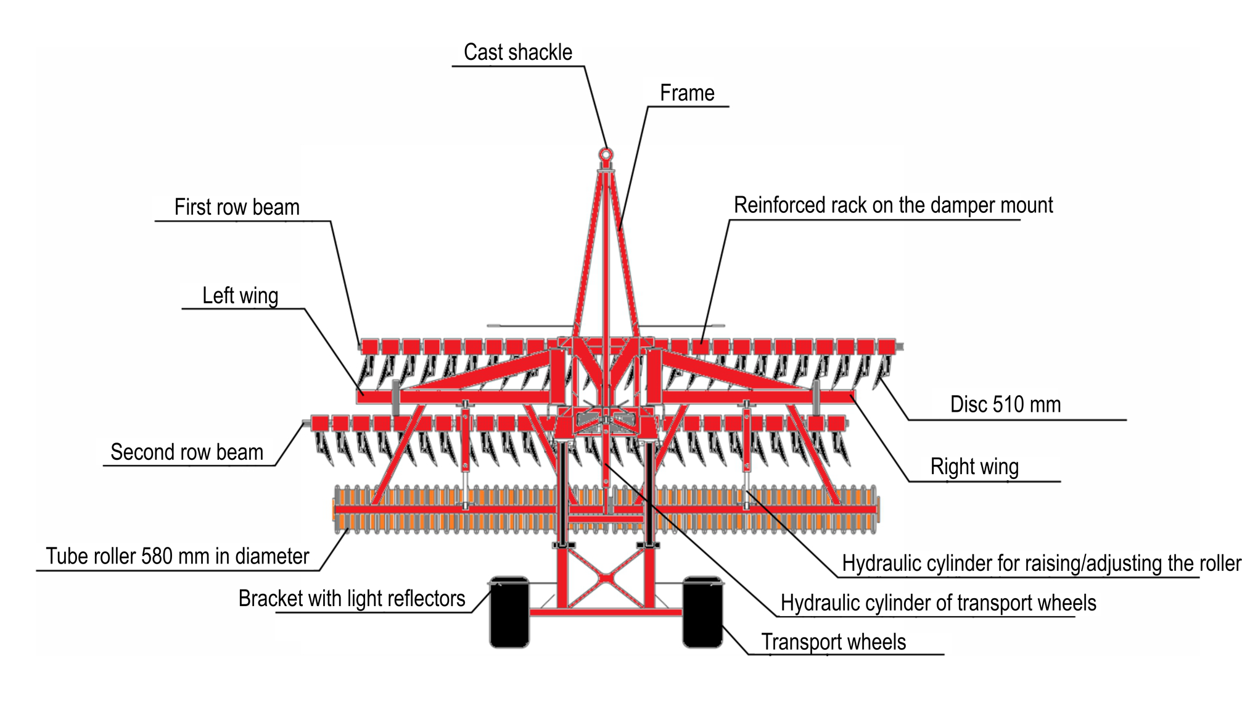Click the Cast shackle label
click(x=517, y=52)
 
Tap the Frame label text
click(x=687, y=93)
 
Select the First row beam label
click(x=237, y=207)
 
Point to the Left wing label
click(x=240, y=296)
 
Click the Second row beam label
click(x=186, y=452)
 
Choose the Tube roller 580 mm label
click(x=177, y=557)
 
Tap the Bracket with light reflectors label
click(x=352, y=599)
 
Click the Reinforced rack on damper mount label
click(x=893, y=206)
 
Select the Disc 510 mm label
click(x=1005, y=405)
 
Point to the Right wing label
click(x=974, y=467)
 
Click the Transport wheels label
click(x=833, y=642)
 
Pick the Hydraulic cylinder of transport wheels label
click(x=938, y=603)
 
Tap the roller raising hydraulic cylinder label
click(x=1041, y=564)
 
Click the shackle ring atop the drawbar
click(x=606, y=154)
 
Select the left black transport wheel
click(x=509, y=612)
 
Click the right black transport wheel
click(x=702, y=612)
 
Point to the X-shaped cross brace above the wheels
click(x=607, y=578)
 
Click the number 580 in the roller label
click(x=157, y=557)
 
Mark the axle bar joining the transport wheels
click(x=606, y=612)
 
